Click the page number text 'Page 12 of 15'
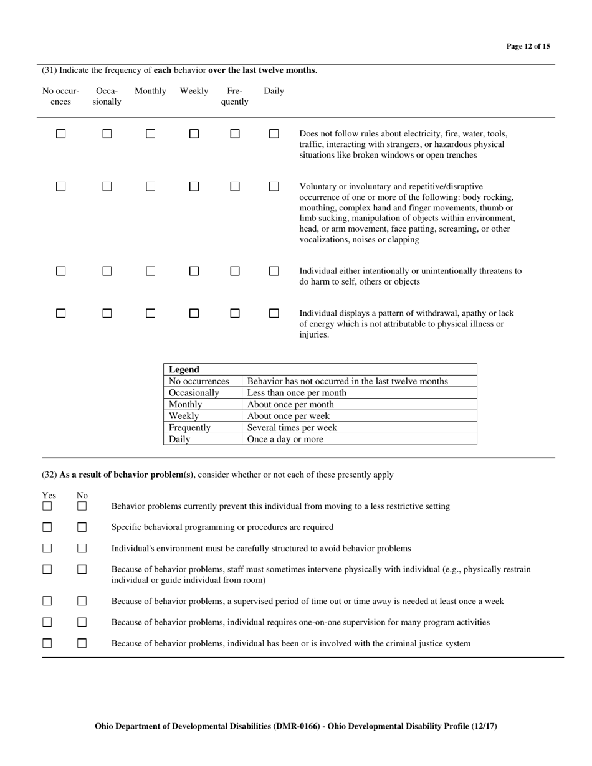pos(528,46)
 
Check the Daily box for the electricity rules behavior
pos(274,133)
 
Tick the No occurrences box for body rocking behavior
pos(60,186)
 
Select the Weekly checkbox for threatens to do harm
pos(194,271)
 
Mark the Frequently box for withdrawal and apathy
pos(234,313)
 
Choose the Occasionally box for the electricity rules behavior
pos(107,133)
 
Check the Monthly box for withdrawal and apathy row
pos(150,313)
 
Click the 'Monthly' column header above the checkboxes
pos(150,91)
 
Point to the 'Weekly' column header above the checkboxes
pos(194,91)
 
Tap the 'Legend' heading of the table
pos(184,369)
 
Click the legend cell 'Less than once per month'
pos(297,393)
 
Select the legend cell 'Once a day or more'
pos(285,439)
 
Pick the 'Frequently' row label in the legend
pos(189,428)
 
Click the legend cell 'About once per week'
pos(288,416)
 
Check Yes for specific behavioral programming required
pos(47,527)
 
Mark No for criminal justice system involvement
pos(82,643)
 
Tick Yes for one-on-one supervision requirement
pos(47,622)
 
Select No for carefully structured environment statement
pos(82,549)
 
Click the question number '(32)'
pos(49,475)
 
